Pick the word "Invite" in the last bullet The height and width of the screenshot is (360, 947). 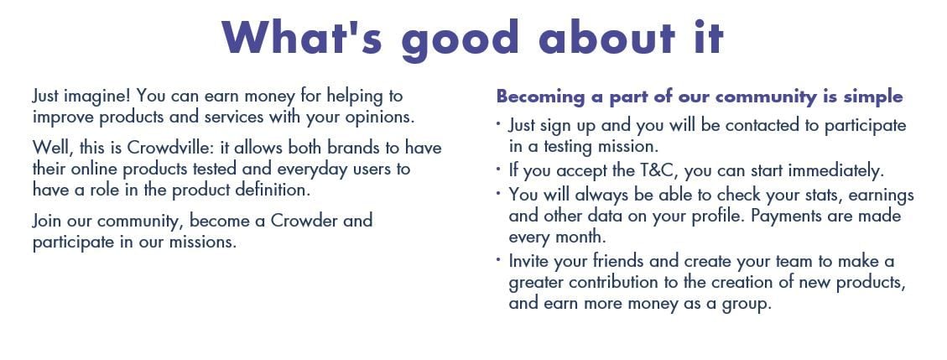(x=529, y=262)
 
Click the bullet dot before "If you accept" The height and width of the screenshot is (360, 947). (x=498, y=169)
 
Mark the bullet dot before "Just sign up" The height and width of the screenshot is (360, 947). (x=498, y=123)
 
